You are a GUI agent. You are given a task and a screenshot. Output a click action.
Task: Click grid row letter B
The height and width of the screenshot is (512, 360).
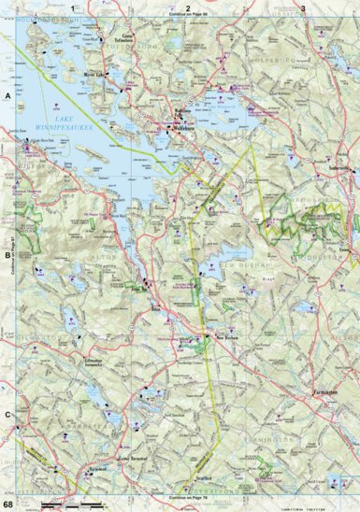pos(7,254)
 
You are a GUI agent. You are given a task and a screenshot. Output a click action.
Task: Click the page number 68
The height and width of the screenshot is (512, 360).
pos(8,505)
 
